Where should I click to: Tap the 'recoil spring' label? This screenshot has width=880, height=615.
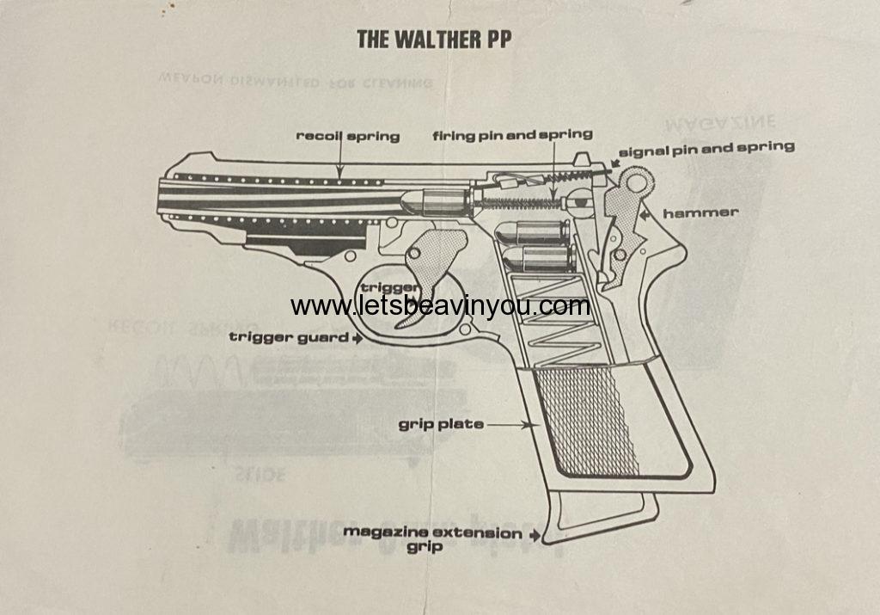pyautogui.click(x=348, y=136)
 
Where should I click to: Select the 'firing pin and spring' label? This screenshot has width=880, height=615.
pyautogui.click(x=512, y=134)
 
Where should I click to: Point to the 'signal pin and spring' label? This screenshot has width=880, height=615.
pyautogui.click(x=706, y=147)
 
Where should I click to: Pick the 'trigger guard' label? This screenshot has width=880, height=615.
pyautogui.click(x=287, y=337)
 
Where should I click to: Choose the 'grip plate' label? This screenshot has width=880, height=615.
pyautogui.click(x=441, y=424)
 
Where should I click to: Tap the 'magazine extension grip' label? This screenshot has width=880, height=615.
pyautogui.click(x=432, y=538)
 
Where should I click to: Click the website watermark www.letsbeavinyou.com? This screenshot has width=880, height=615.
pyautogui.click(x=440, y=305)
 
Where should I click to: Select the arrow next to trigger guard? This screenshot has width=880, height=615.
pyautogui.click(x=357, y=338)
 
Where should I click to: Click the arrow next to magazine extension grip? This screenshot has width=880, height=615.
pyautogui.click(x=536, y=535)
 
